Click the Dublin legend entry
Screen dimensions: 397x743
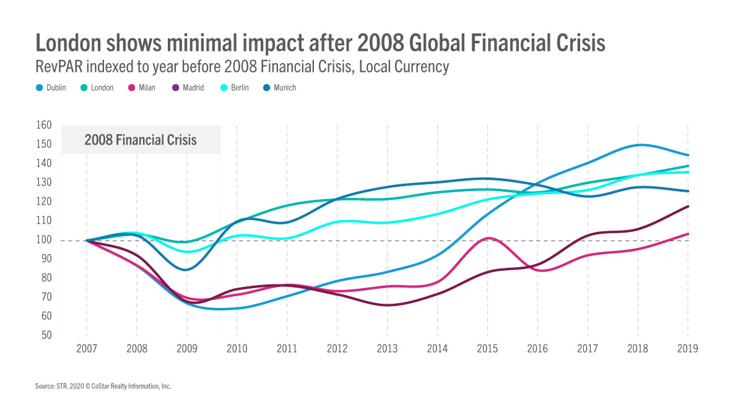pos(51,88)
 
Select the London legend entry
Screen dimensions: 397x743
pos(97,88)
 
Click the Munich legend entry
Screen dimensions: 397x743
pos(280,88)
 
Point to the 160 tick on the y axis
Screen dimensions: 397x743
pos(43,125)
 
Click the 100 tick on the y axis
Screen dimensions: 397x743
pos(43,240)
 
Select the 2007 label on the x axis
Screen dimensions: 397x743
pos(86,349)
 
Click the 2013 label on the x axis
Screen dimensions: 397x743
pos(387,349)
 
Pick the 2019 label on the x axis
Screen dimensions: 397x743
pos(688,349)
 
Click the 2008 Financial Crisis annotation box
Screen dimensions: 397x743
pos(141,140)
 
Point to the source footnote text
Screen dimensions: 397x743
pos(103,386)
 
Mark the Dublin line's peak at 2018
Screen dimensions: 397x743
pos(638,145)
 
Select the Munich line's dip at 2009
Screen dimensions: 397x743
pos(186,270)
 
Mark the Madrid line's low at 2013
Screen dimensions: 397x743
pos(387,305)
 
